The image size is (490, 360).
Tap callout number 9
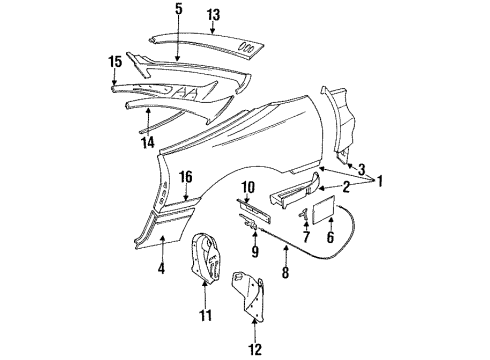(255, 250)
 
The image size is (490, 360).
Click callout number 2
(345, 186)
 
